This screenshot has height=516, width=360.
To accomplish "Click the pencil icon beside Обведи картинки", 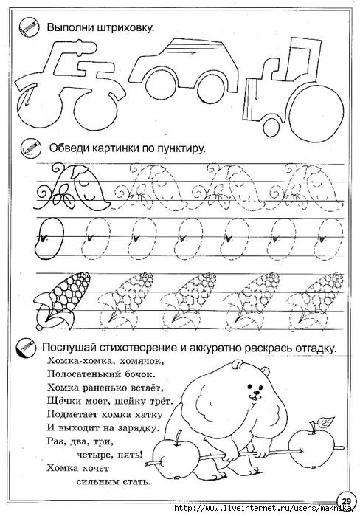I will tap(30, 146).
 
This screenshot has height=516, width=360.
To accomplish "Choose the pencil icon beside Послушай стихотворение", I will tap(30, 345).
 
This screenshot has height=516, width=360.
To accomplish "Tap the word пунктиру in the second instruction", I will tap(180, 148).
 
